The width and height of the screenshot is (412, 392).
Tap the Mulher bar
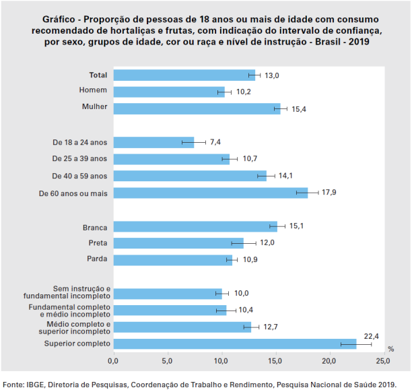click(197, 108)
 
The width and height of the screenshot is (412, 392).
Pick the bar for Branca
click(195, 226)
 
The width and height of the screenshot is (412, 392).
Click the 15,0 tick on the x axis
click(275, 362)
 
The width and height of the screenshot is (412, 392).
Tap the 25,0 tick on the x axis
click(382, 362)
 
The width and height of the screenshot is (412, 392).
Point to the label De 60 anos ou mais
click(74, 193)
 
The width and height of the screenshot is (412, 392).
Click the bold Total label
click(98, 74)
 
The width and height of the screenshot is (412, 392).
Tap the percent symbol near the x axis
click(390, 349)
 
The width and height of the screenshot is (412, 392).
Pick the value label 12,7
click(272, 327)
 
